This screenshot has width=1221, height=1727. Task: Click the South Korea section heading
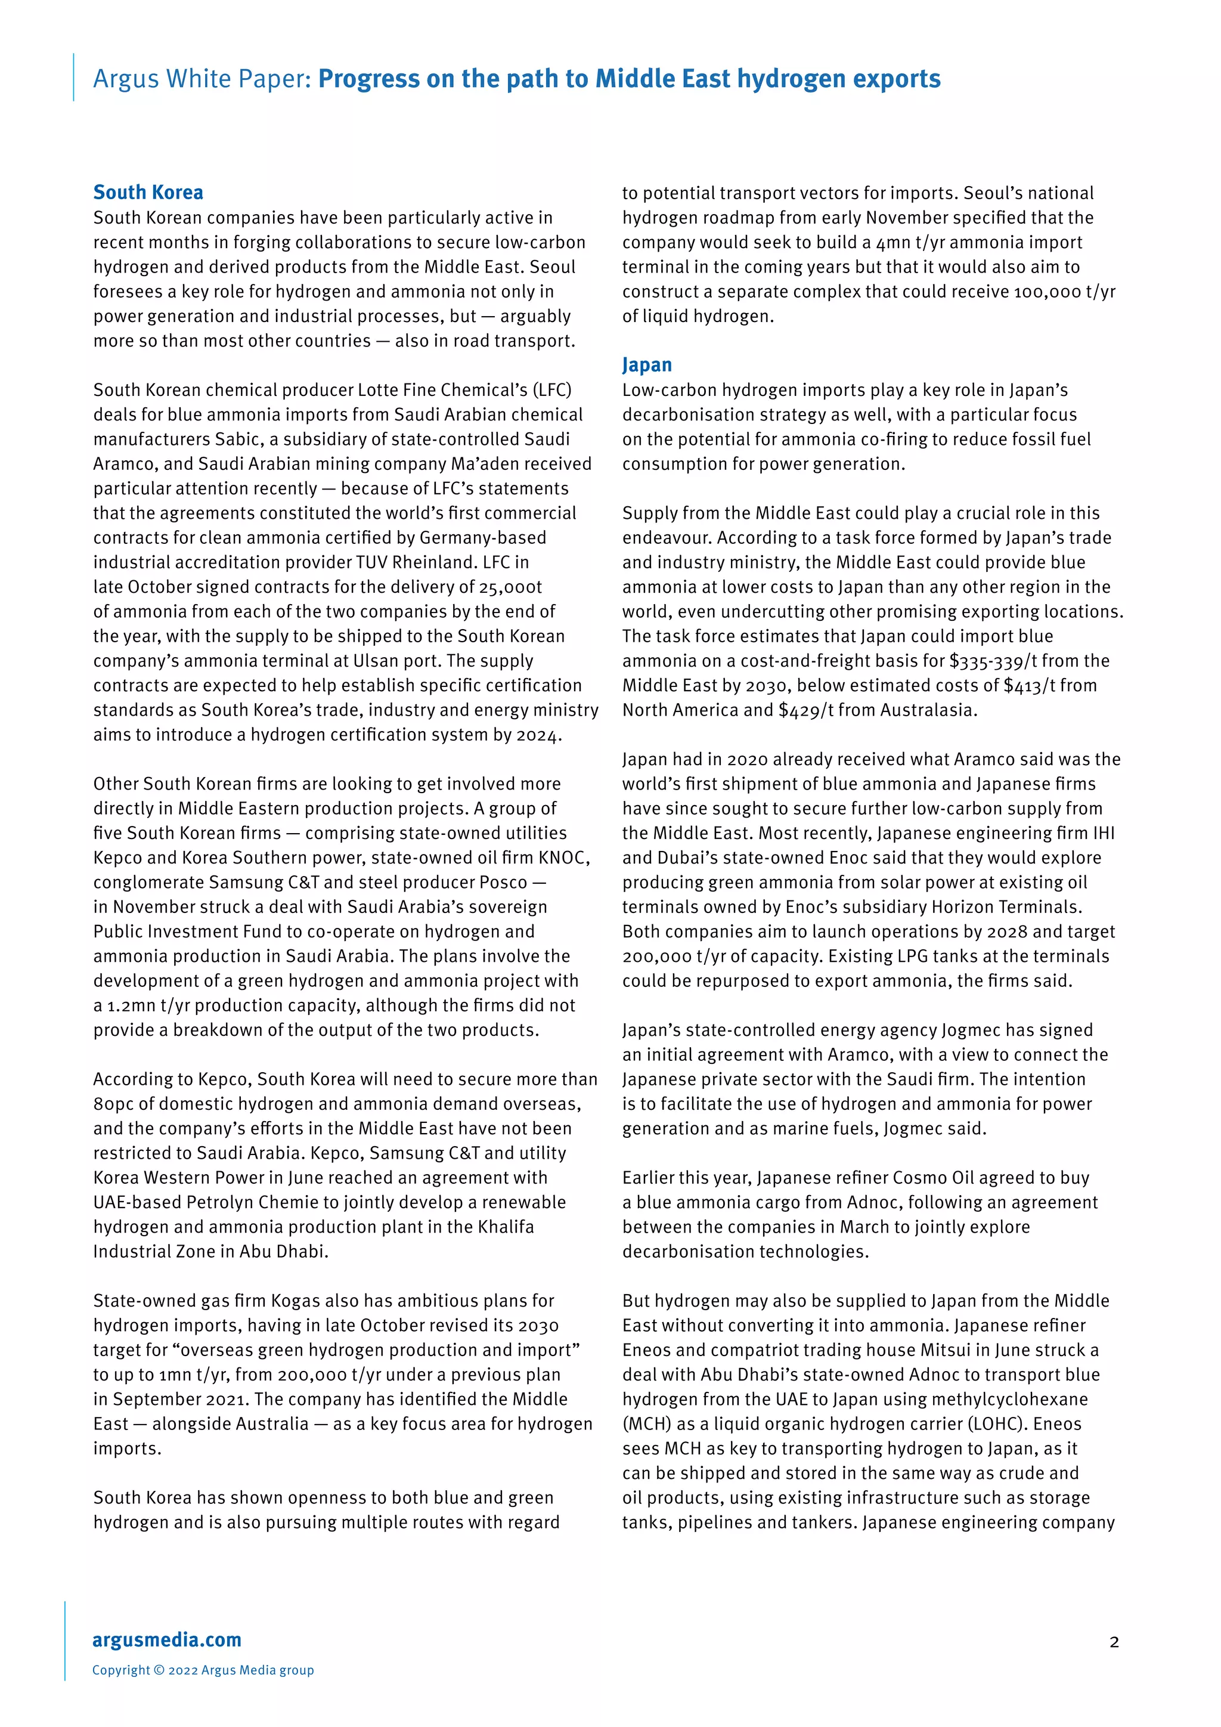click(x=148, y=193)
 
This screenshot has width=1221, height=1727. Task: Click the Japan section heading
click(x=647, y=365)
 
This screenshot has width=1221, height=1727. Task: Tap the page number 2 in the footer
click(x=1114, y=1641)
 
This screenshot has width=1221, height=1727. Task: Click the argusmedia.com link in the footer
click(x=166, y=1640)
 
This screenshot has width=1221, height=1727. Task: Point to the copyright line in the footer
click(x=203, y=1670)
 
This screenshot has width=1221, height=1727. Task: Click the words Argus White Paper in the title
click(x=202, y=79)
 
